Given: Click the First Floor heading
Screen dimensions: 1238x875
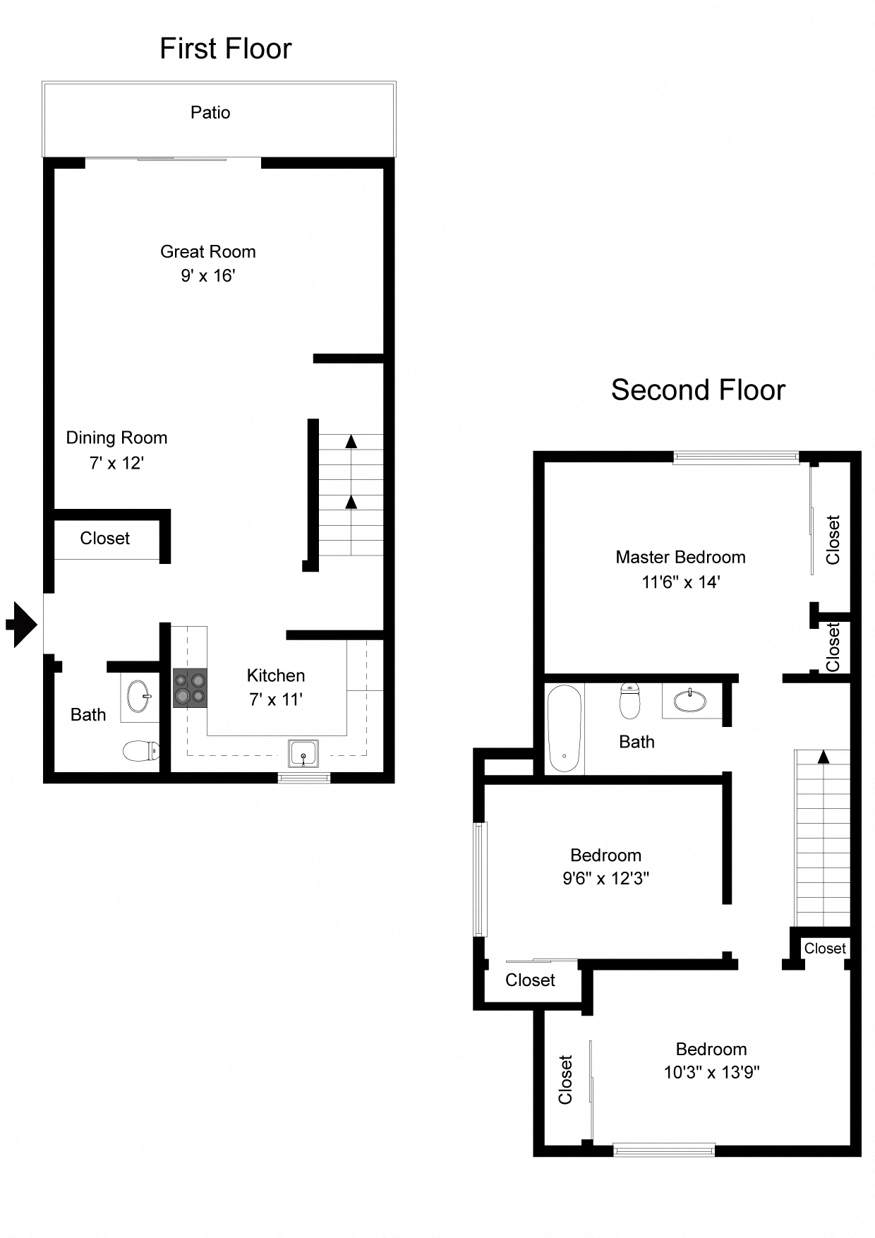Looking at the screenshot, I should point(225,49).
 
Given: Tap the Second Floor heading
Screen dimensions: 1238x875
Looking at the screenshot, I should point(697,390).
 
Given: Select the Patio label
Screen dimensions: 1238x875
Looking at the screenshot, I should point(210,113).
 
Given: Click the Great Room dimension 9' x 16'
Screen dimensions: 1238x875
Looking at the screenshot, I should point(207,276).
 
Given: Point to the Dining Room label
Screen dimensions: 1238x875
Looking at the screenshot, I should point(116,438).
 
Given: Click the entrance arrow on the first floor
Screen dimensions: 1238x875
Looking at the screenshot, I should point(22,624).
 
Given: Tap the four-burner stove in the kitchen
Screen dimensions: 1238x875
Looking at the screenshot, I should point(191,688).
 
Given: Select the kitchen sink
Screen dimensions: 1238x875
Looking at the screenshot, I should point(303,754).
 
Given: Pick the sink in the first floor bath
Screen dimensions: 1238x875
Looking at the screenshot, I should point(138,697).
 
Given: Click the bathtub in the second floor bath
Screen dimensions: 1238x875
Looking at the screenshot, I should point(565,729).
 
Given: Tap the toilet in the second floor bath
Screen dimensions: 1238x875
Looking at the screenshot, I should point(629,700).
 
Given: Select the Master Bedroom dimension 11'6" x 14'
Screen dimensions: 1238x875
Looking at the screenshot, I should point(680,582).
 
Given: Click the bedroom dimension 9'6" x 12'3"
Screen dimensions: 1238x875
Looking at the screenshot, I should point(605,879).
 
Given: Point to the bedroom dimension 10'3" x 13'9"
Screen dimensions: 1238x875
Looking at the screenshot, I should point(711,1073).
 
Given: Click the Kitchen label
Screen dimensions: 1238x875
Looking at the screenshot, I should point(276,675).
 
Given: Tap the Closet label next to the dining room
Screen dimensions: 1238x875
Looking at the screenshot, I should point(104,539).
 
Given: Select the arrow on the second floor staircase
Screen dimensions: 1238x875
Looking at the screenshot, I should point(823,757).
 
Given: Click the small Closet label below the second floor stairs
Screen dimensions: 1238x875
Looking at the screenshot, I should point(824,949).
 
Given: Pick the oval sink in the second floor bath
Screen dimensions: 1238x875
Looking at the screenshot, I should point(690,701).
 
